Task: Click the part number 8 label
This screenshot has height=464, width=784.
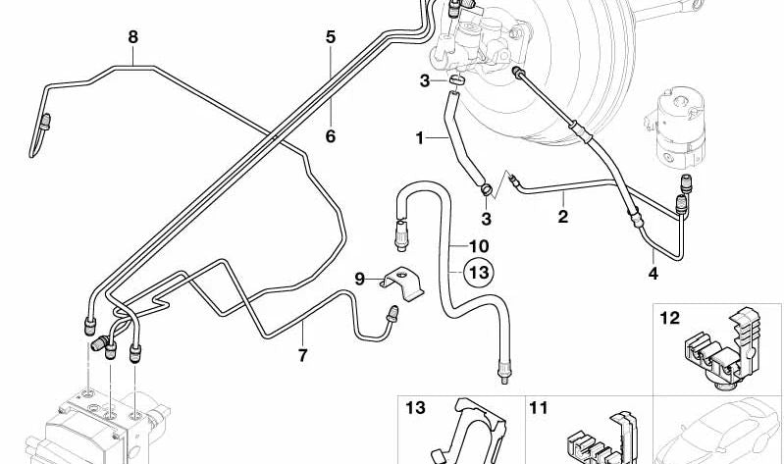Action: pyautogui.click(x=132, y=37)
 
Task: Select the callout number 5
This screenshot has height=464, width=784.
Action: pyautogui.click(x=331, y=37)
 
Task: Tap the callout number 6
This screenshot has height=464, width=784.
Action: pyautogui.click(x=331, y=136)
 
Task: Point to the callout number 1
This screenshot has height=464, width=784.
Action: pyautogui.click(x=420, y=138)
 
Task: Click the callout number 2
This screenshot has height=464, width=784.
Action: pyautogui.click(x=563, y=217)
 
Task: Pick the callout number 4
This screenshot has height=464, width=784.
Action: pyautogui.click(x=653, y=273)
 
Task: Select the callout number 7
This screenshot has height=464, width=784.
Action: pyautogui.click(x=302, y=355)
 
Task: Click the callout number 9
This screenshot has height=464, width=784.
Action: pyautogui.click(x=359, y=279)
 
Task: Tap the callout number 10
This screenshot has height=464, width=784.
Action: pyautogui.click(x=479, y=246)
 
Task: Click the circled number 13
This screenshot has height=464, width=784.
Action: pyautogui.click(x=479, y=273)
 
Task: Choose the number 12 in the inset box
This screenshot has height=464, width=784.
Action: pyautogui.click(x=670, y=318)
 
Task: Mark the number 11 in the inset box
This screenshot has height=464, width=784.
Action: pyautogui.click(x=539, y=408)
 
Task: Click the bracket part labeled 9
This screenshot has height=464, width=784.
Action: pyautogui.click(x=401, y=283)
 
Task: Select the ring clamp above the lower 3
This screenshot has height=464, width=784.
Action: pyautogui.click(x=487, y=189)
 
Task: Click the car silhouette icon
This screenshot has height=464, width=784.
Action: pyautogui.click(x=718, y=431)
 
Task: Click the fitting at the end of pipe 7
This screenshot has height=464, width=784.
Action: pyautogui.click(x=393, y=313)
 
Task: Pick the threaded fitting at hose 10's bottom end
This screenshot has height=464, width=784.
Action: pyautogui.click(x=503, y=372)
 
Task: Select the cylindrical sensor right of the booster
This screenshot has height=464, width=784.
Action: pyautogui.click(x=676, y=129)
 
